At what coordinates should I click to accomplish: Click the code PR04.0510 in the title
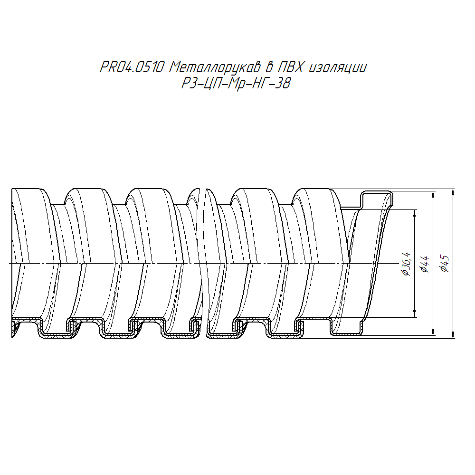click(132, 67)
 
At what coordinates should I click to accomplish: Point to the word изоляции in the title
click(337, 68)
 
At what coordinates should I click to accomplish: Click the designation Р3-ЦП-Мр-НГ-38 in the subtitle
click(236, 83)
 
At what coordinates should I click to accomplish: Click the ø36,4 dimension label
click(406, 264)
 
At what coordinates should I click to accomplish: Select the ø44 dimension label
click(425, 264)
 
